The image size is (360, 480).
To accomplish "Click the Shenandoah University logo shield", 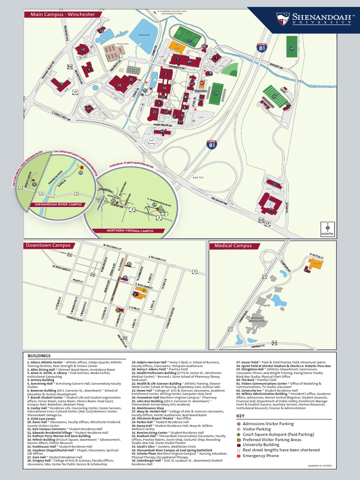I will [x=283, y=18].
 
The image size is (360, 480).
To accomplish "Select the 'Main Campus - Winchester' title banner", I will [x=62, y=15].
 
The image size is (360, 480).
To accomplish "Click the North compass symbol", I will [x=328, y=228].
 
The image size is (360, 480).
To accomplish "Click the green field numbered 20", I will [x=216, y=93].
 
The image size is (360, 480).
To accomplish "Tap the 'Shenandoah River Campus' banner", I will [x=56, y=205].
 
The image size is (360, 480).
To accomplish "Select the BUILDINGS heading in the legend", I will [x=39, y=356].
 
